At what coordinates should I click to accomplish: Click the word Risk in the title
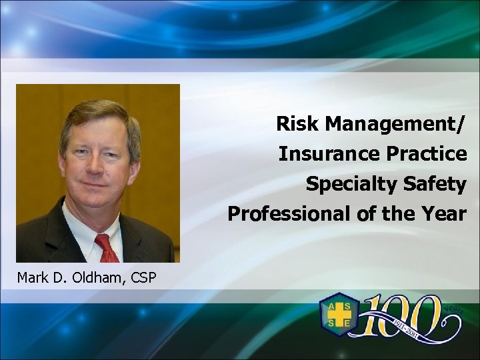pyautogui.click(x=293, y=123)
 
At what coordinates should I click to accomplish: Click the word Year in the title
pyautogui.click(x=445, y=214)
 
